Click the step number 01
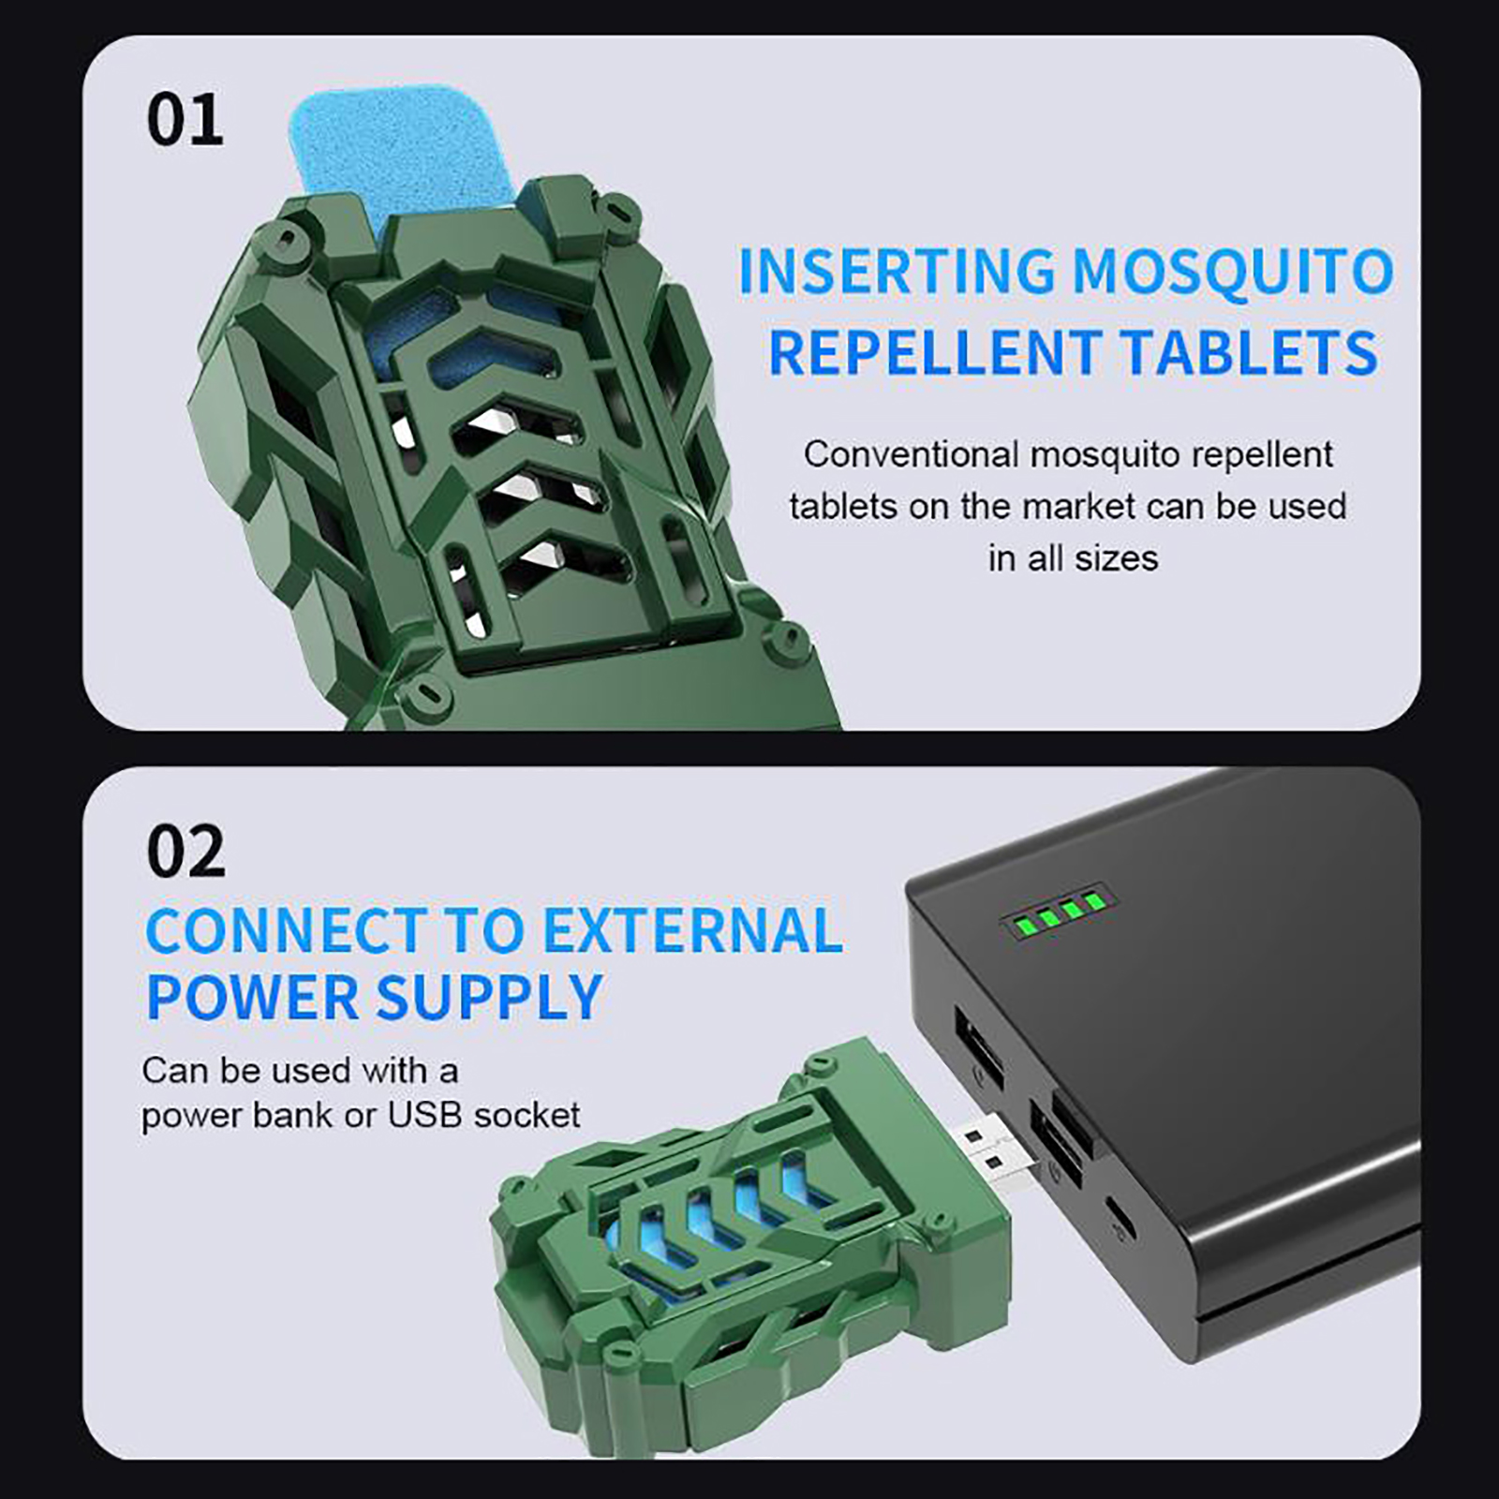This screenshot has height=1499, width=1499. click(x=186, y=120)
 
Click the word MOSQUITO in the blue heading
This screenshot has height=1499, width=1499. click(x=1233, y=272)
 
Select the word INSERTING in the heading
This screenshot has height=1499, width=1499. click(x=898, y=272)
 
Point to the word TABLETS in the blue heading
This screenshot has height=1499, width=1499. click(x=1250, y=352)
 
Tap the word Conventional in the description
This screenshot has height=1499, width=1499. click(x=911, y=454)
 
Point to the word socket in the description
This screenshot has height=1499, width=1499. click(x=527, y=1116)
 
